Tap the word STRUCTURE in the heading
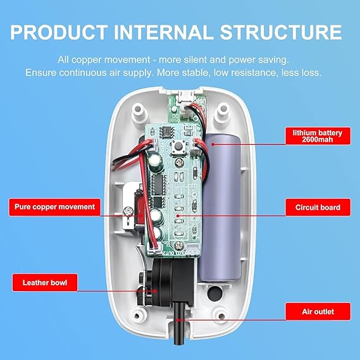click(x=281, y=32)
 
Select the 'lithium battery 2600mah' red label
click(x=318, y=136)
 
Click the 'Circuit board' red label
click(x=318, y=208)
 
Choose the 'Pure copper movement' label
click(x=54, y=207)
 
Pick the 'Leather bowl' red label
click(x=45, y=282)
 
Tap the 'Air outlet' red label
click(x=318, y=311)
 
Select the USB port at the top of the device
click(x=185, y=96)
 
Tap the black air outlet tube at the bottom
click(x=179, y=324)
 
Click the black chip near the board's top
click(x=167, y=133)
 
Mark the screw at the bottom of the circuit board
click(x=179, y=245)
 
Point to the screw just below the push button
click(x=179, y=163)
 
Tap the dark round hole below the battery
click(x=215, y=293)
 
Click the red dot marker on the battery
click(x=213, y=144)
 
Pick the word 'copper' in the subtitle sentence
click(x=87, y=60)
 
